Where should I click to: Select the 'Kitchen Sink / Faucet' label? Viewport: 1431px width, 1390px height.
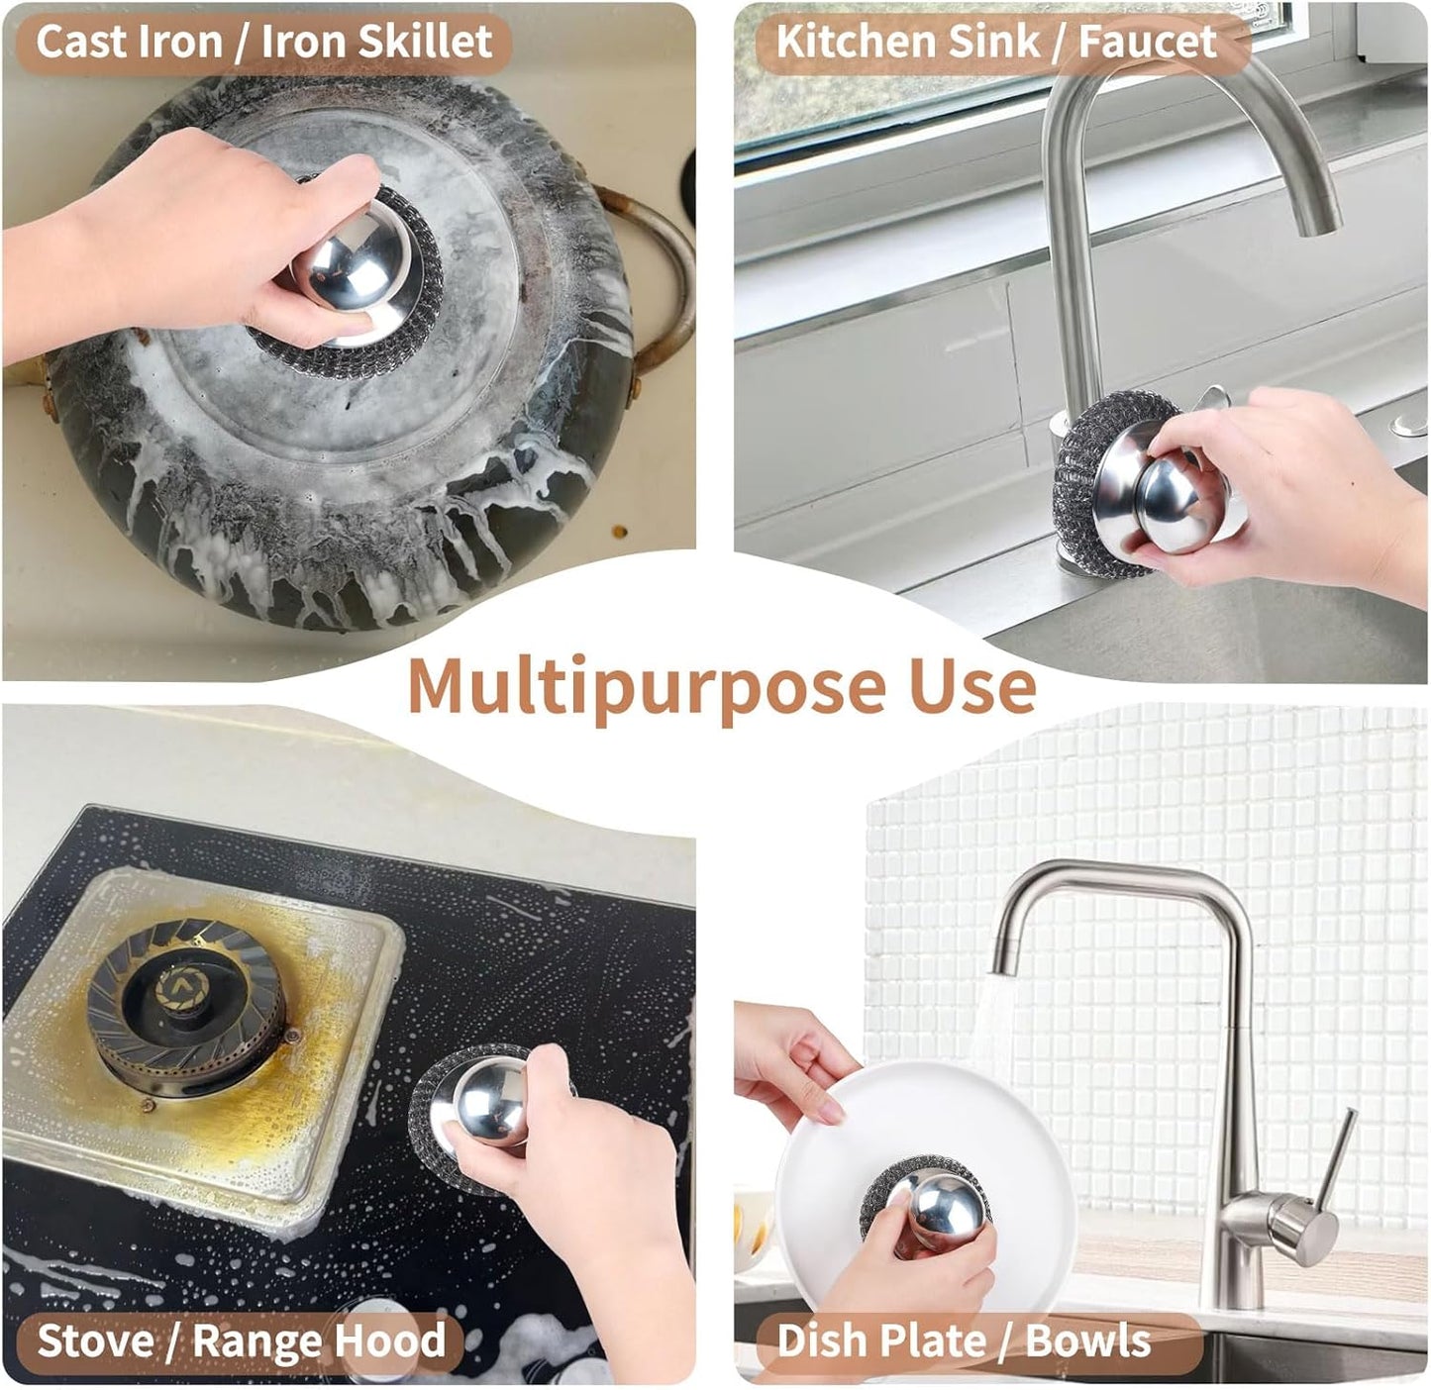(x=995, y=42)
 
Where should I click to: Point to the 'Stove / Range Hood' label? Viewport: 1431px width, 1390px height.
(x=241, y=1340)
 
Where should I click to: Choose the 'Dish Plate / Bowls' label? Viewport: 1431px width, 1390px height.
(x=963, y=1340)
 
